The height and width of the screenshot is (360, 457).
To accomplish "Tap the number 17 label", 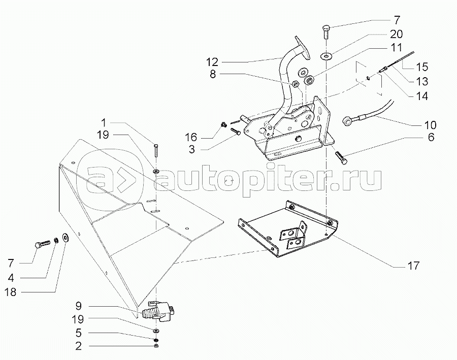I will (413, 266).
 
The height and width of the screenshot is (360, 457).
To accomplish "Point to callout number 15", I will (422, 67).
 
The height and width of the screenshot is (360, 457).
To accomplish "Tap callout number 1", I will (103, 122).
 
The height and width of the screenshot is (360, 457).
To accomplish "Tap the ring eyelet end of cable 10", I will (348, 120).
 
